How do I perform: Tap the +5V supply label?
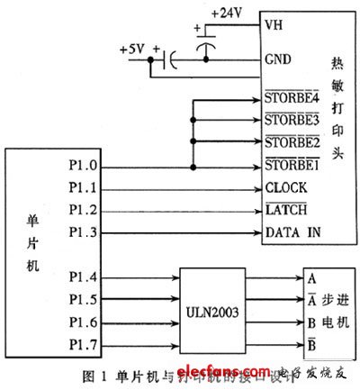pos(132,50)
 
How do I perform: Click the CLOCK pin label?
pos(285,188)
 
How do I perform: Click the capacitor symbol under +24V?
pos(206,43)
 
